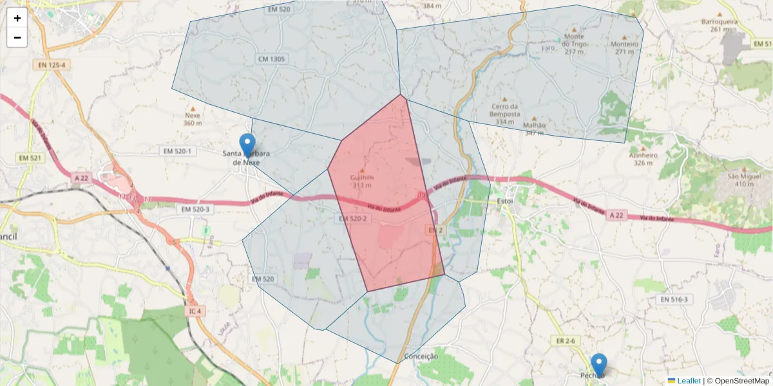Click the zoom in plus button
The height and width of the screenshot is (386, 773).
click(x=17, y=19)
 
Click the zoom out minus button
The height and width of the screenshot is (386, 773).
click(x=17, y=37)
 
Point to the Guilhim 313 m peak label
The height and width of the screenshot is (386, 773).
click(x=361, y=181)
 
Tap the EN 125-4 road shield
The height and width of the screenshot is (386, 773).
click(x=51, y=65)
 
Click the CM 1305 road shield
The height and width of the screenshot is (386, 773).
click(x=271, y=59)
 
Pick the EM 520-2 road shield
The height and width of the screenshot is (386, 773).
click(x=352, y=219)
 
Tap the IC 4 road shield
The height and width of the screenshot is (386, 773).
click(x=195, y=311)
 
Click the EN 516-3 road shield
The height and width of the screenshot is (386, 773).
click(x=674, y=299)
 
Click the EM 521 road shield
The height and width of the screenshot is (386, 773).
click(x=31, y=158)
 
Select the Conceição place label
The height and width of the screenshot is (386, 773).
click(x=421, y=356)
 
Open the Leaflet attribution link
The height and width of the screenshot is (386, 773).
click(x=689, y=381)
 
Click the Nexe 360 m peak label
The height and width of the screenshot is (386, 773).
click(x=193, y=119)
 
